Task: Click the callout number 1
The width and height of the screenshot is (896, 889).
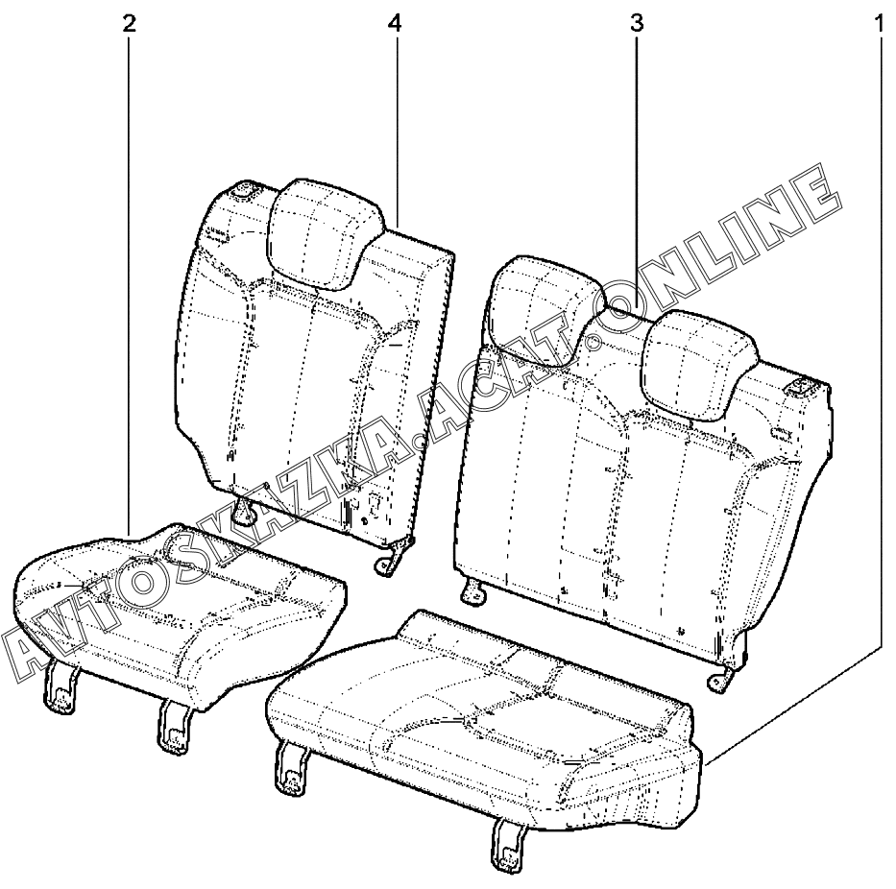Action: (877, 23)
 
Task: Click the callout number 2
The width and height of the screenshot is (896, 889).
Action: (130, 23)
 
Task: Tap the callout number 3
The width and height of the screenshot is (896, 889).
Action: (636, 23)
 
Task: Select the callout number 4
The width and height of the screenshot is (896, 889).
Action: (395, 23)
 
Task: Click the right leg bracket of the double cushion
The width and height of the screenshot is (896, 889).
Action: (506, 842)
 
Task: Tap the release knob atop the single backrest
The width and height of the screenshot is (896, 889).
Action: (243, 190)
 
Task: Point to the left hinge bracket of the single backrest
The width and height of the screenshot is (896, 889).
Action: (247, 511)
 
